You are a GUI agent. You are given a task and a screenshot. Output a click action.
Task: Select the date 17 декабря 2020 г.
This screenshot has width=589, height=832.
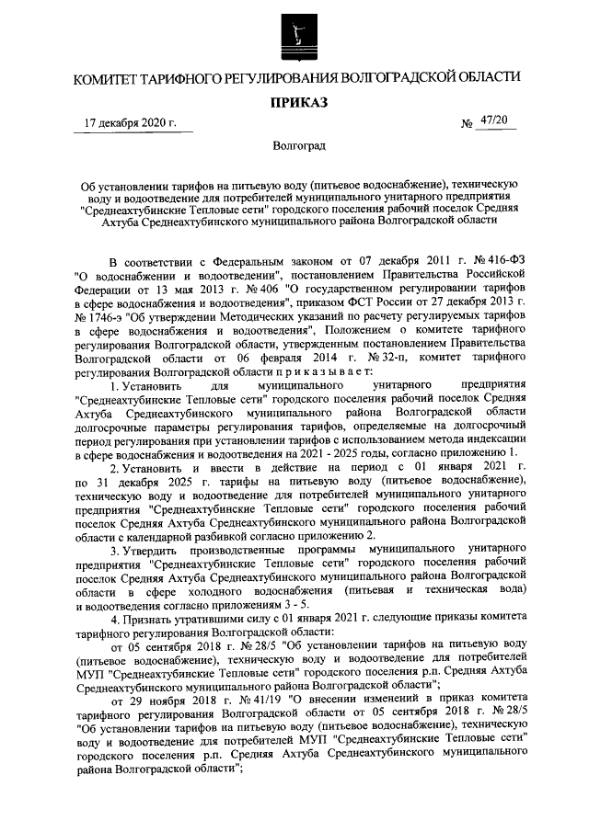pos(130,123)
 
